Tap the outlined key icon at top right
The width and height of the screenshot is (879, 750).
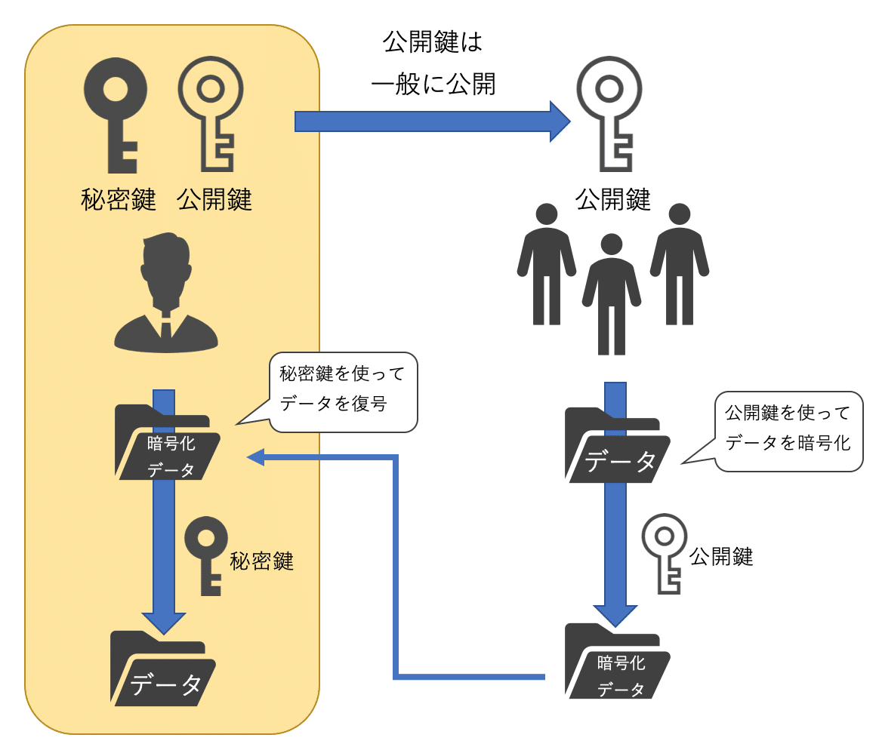click(x=609, y=113)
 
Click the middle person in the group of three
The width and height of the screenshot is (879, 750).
click(x=611, y=294)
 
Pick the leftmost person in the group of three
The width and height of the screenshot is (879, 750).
click(x=546, y=264)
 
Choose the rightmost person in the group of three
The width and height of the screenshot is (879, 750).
click(x=679, y=264)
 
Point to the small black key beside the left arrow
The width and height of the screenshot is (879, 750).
click(x=206, y=555)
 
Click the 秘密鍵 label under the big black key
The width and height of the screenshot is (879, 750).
click(x=118, y=200)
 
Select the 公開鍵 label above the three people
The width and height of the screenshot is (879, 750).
click(x=612, y=200)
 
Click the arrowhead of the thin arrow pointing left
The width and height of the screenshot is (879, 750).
click(x=255, y=456)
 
